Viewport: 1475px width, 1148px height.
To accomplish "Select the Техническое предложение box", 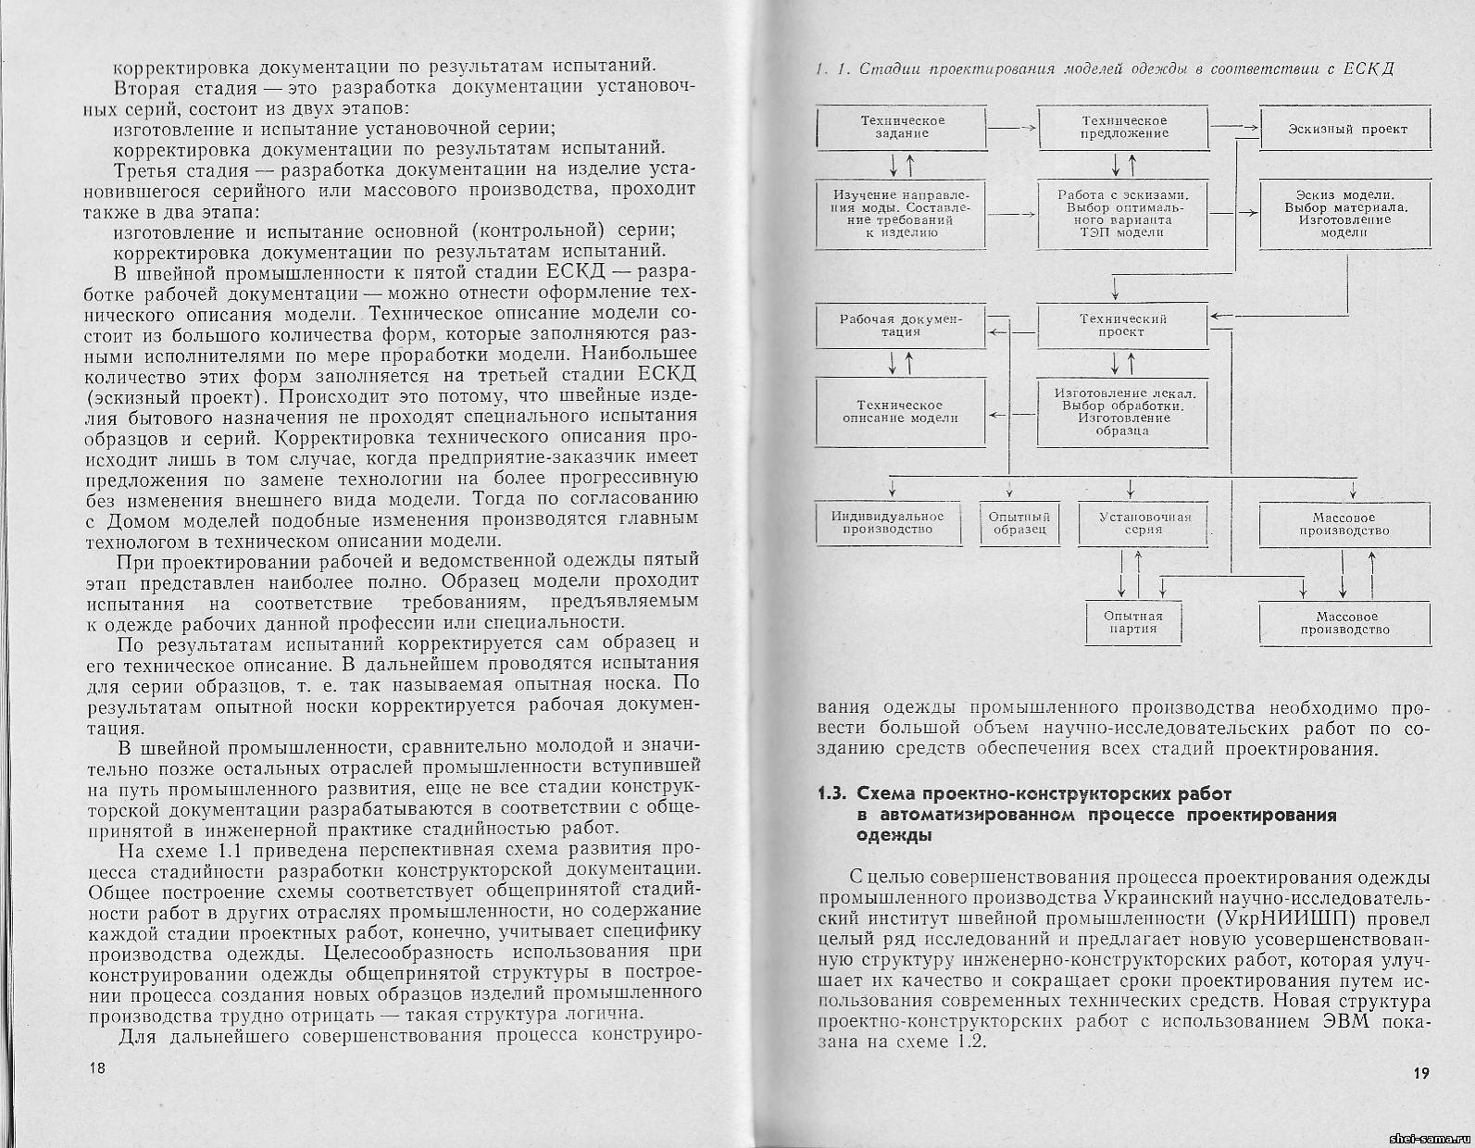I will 1123,127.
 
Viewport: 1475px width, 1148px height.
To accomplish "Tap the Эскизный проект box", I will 1345,129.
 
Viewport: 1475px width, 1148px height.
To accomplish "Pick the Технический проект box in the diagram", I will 1123,325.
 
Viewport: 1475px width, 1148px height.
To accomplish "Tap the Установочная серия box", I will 1144,523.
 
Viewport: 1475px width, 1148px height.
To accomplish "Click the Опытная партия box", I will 1123,622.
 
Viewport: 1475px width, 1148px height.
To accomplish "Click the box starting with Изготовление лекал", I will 1123,412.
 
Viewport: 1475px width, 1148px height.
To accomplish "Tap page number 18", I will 97,1068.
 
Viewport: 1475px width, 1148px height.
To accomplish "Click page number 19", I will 1422,1074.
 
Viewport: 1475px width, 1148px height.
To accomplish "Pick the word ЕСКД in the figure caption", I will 1370,70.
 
